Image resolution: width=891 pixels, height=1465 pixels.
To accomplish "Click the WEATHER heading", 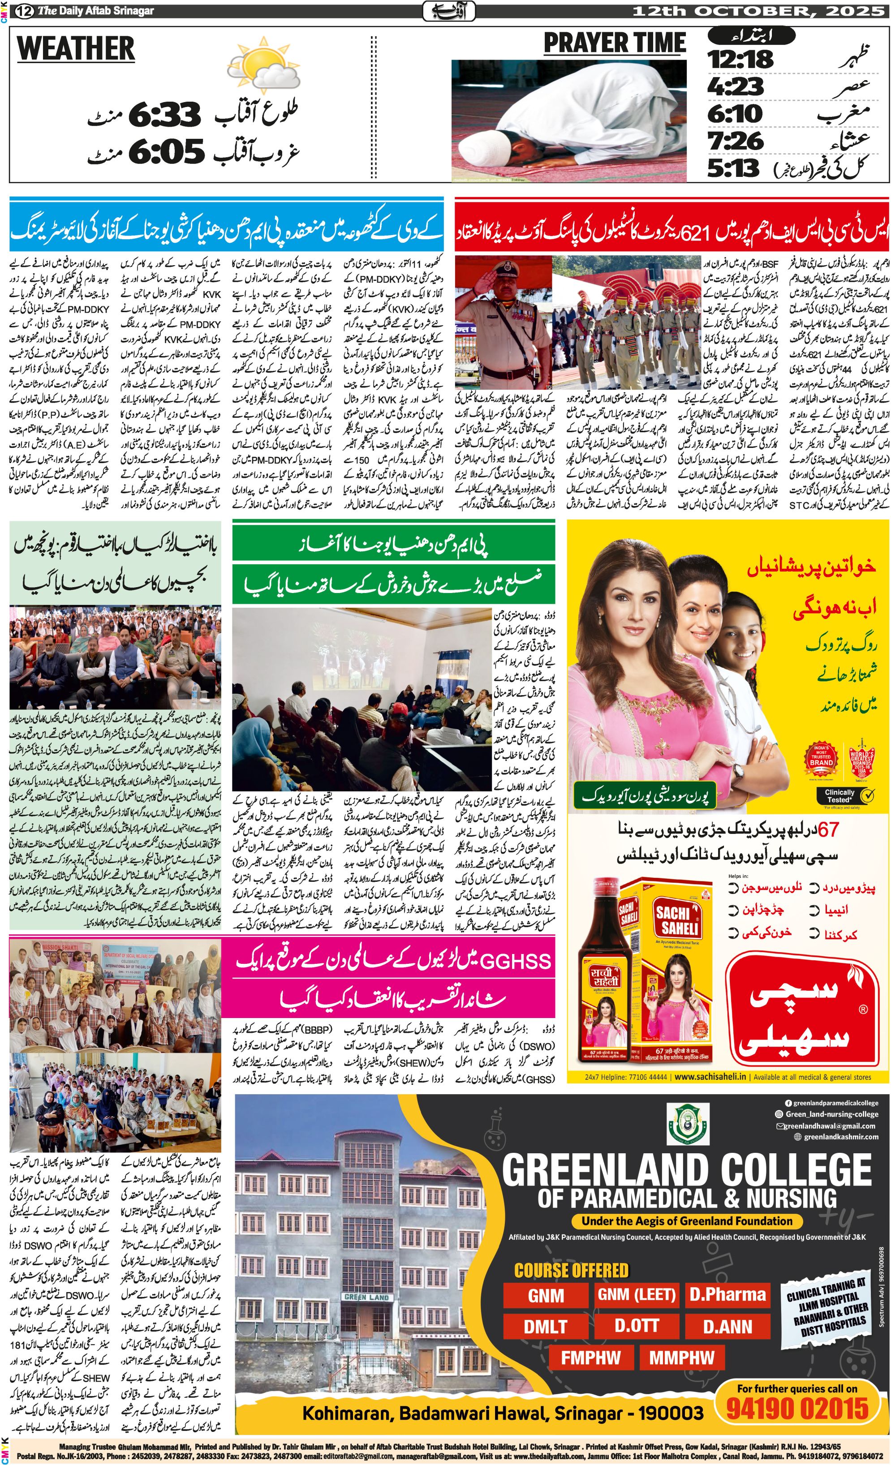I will coord(76,49).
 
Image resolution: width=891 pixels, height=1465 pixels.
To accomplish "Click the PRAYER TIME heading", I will coord(615,43).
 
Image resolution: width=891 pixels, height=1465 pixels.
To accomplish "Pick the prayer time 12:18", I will coord(740,60).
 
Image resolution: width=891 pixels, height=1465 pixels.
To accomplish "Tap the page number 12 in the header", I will coord(24,11).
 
